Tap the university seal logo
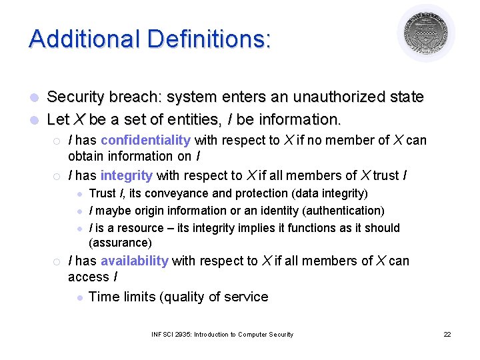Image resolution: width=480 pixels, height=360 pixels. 426,33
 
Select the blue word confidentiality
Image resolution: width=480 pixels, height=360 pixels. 145,140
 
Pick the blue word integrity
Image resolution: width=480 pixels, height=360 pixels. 126,175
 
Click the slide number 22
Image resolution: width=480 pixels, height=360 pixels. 447,334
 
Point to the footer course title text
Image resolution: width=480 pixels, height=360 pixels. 222,334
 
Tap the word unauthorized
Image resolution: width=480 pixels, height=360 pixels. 333,97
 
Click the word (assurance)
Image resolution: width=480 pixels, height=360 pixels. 120,243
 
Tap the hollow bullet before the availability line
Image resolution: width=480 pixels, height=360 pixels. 57,261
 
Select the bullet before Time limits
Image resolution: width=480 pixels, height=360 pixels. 79,297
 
